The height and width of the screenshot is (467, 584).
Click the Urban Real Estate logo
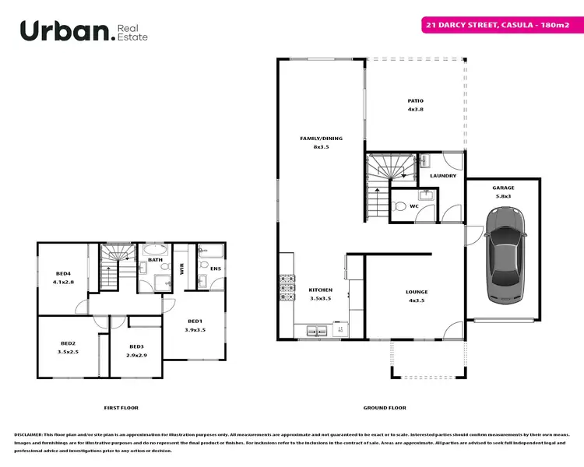pyautogui.click(x=83, y=30)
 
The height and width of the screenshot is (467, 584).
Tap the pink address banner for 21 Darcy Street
pyautogui.click(x=498, y=25)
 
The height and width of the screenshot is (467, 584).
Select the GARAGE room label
pyautogui.click(x=503, y=188)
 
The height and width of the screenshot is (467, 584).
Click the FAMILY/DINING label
pyautogui.click(x=321, y=139)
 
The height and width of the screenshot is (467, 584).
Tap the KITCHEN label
pyautogui.click(x=321, y=290)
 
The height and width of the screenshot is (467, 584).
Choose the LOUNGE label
pyautogui.click(x=417, y=292)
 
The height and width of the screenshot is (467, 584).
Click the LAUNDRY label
pyautogui.click(x=443, y=176)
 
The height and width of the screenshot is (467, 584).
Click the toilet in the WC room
pyautogui.click(x=398, y=206)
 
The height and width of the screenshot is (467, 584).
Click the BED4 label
pyautogui.click(x=64, y=273)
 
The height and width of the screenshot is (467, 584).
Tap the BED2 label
pyautogui.click(x=68, y=343)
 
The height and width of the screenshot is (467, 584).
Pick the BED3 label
pyautogui.click(x=136, y=346)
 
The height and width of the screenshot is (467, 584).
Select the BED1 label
pyautogui.click(x=195, y=321)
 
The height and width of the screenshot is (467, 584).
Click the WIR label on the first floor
pyautogui.click(x=181, y=269)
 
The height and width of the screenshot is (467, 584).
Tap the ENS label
pyautogui.click(x=214, y=269)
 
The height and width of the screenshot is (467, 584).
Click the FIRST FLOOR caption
pyautogui.click(x=121, y=407)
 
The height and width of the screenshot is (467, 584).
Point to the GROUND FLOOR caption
pyautogui.click(x=385, y=407)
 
